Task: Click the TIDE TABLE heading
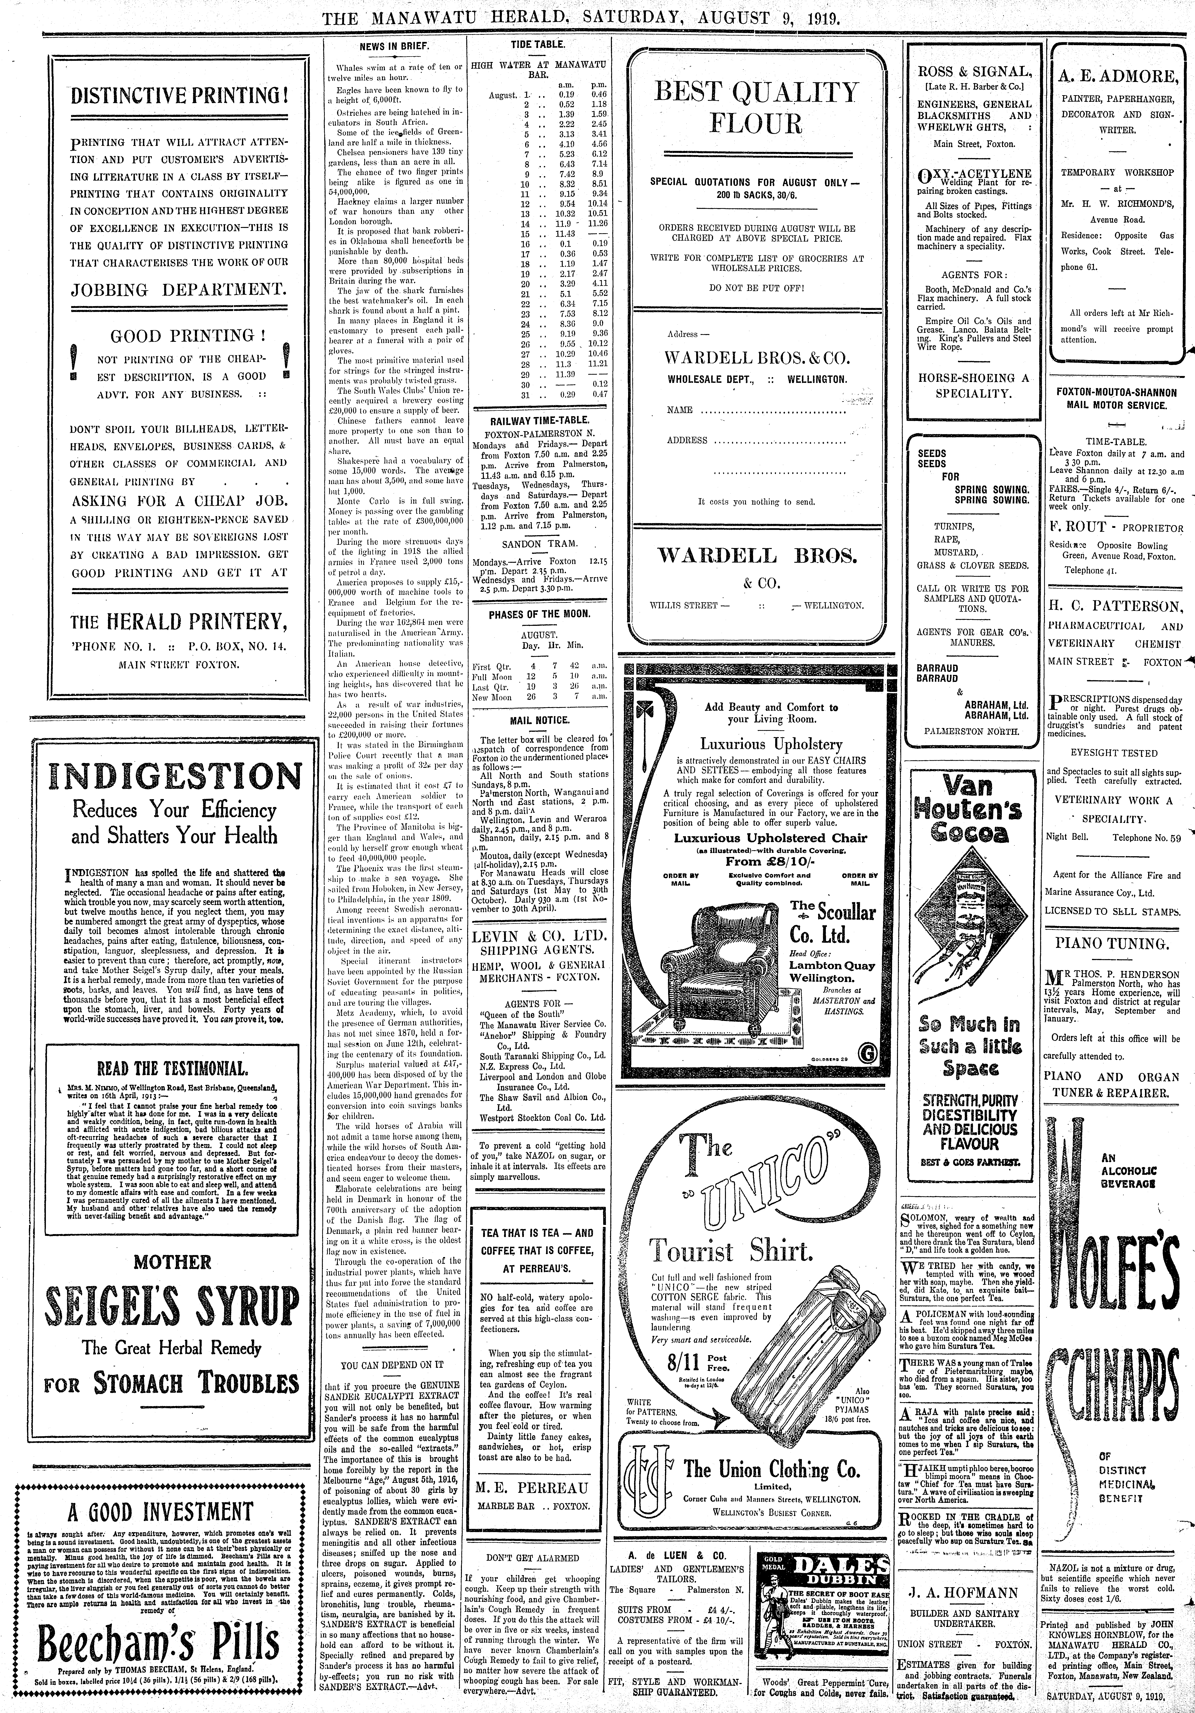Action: pos(537,45)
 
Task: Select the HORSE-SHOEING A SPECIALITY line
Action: pos(972,385)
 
